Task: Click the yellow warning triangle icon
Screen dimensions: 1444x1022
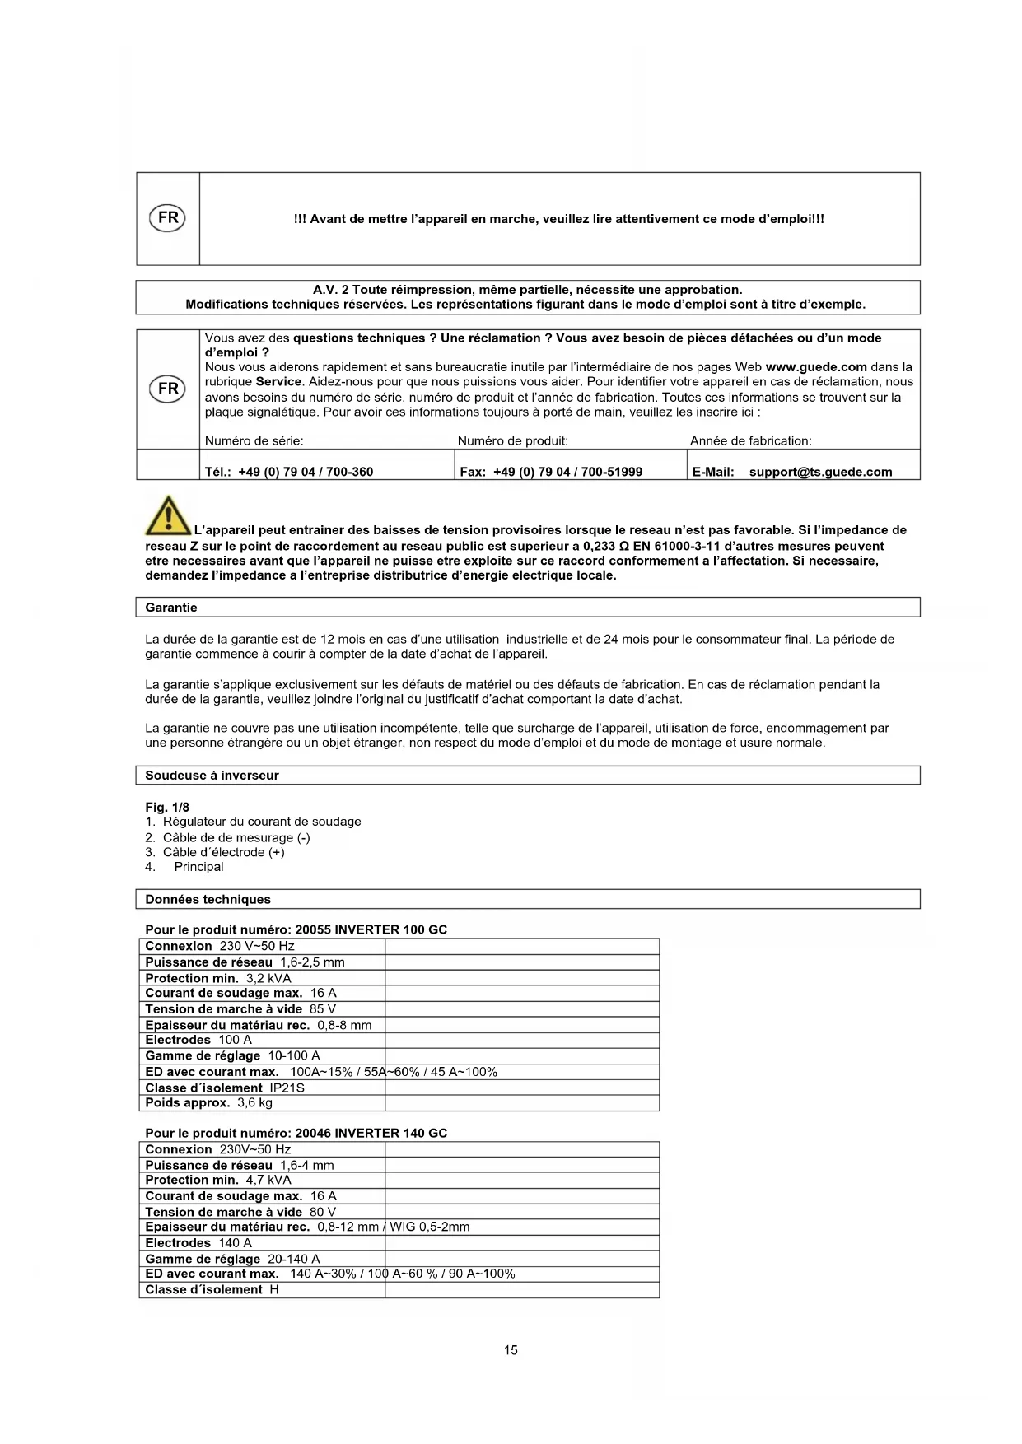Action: (x=168, y=515)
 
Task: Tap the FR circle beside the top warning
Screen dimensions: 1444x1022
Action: (x=167, y=218)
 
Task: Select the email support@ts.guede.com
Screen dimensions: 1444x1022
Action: (x=820, y=472)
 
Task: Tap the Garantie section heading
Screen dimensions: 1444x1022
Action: (x=171, y=608)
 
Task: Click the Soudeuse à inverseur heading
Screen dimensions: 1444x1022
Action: (x=212, y=776)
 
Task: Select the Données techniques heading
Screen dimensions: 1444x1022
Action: (x=208, y=900)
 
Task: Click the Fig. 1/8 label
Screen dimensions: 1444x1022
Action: (x=167, y=807)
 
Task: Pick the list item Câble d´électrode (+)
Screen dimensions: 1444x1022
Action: (x=223, y=852)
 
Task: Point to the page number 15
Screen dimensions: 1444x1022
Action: (x=511, y=1350)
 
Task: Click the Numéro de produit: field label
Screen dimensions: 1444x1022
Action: (x=512, y=441)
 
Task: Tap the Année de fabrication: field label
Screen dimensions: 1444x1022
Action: (x=750, y=441)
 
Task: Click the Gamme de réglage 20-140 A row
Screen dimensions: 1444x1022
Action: (x=232, y=1259)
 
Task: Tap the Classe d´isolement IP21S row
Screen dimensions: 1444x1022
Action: (x=225, y=1088)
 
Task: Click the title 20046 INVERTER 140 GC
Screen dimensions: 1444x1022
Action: (x=371, y=1134)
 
